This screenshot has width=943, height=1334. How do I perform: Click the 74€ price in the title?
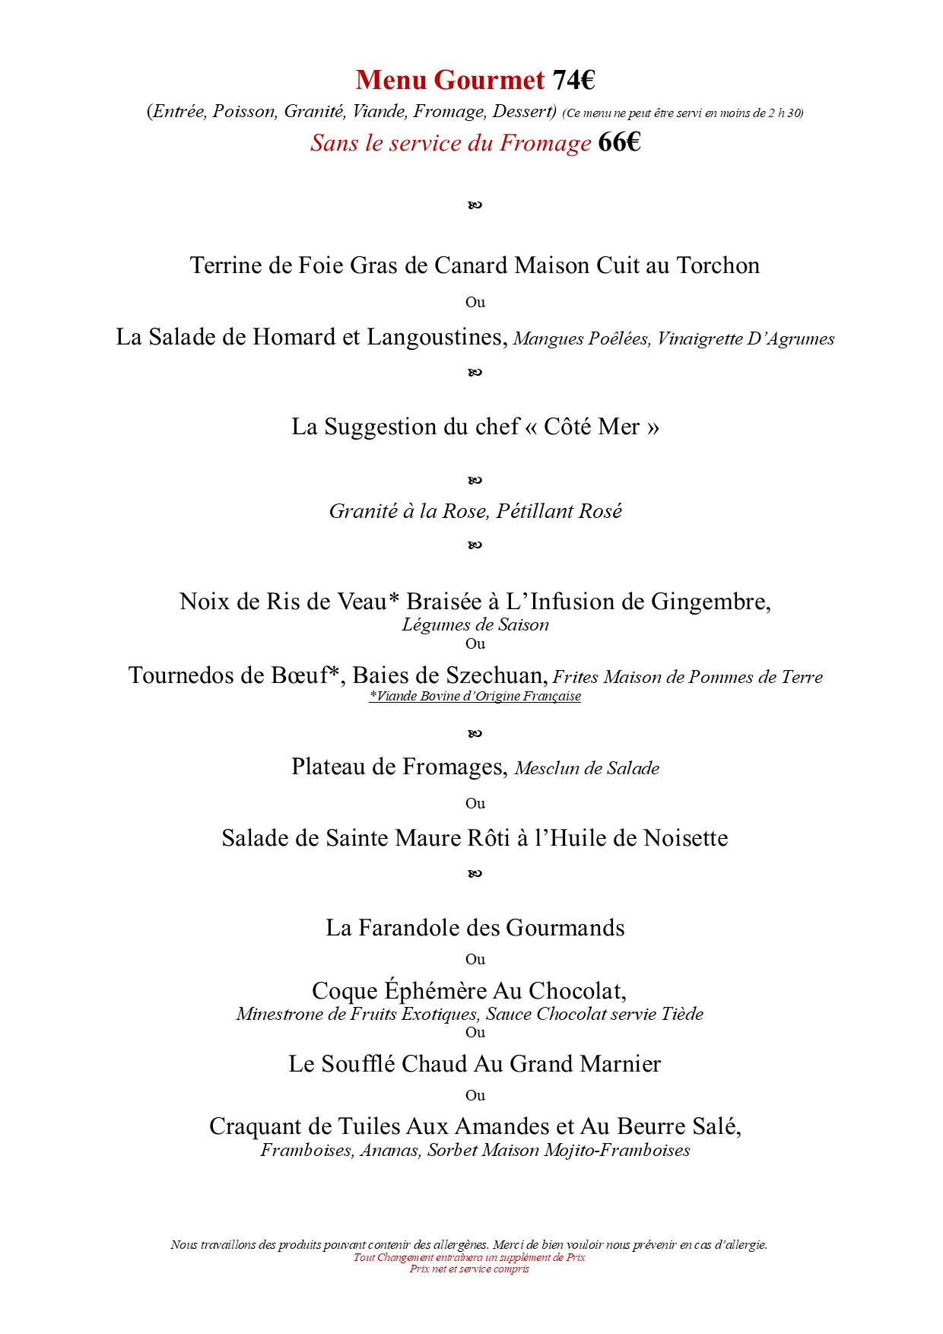click(573, 80)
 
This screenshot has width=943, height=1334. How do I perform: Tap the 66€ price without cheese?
click(619, 142)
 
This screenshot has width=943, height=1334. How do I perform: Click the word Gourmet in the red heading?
click(491, 80)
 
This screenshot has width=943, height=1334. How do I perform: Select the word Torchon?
click(718, 265)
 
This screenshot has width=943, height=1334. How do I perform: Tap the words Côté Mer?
click(592, 427)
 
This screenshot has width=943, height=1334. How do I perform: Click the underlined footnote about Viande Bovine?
click(475, 696)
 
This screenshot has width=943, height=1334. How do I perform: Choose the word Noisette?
click(686, 838)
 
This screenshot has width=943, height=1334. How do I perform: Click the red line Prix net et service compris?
click(469, 1269)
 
